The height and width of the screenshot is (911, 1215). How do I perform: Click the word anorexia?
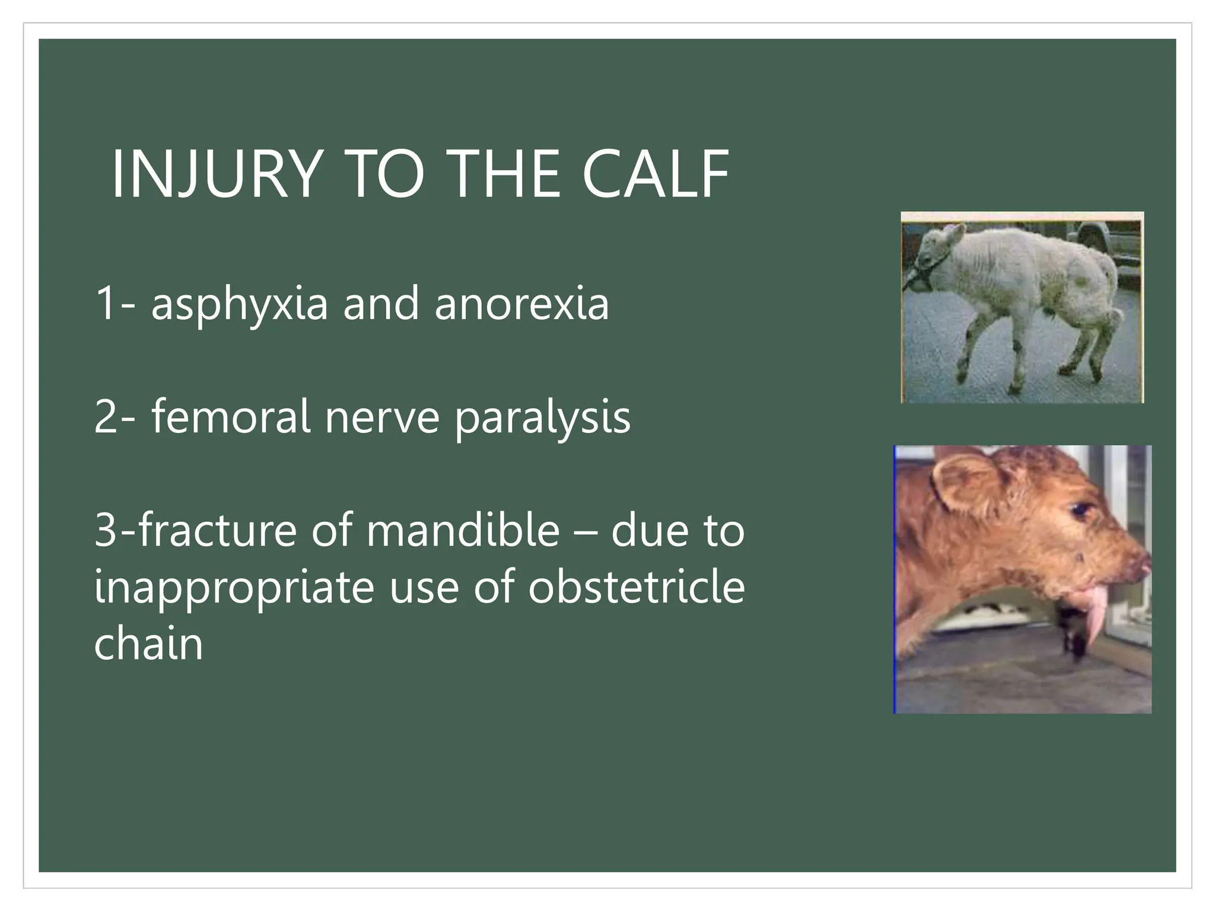521,304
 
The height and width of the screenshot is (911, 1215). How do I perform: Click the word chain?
148,643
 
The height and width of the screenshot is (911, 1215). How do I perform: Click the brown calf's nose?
1142,563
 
